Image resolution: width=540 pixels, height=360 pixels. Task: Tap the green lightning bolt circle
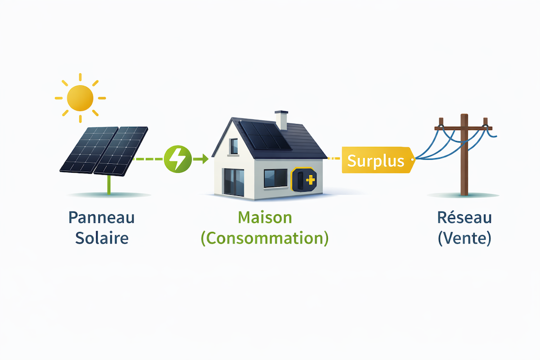pyautogui.click(x=177, y=159)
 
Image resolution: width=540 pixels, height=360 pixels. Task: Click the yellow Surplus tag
pyautogui.click(x=376, y=160)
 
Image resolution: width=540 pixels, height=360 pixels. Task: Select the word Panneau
pyautogui.click(x=102, y=218)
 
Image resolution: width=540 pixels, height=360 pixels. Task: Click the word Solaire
pyautogui.click(x=102, y=238)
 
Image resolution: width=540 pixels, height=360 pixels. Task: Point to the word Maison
pyautogui.click(x=265, y=218)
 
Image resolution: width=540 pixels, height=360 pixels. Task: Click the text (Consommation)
pyautogui.click(x=265, y=239)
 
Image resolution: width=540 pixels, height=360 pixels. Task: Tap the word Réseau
pyautogui.click(x=464, y=218)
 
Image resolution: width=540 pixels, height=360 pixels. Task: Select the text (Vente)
pyautogui.click(x=464, y=238)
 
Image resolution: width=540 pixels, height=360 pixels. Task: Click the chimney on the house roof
pyautogui.click(x=281, y=120)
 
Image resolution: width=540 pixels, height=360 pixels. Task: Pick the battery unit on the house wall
pyautogui.click(x=303, y=179)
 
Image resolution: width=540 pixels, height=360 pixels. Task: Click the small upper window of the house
pyautogui.click(x=234, y=146)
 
